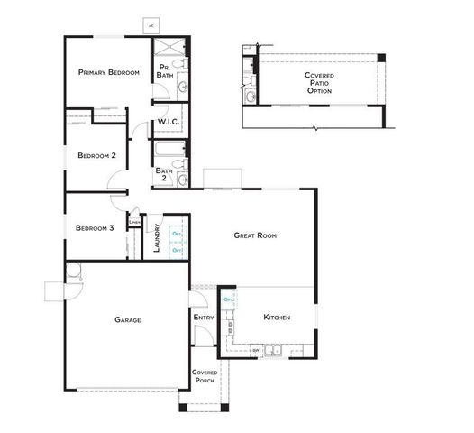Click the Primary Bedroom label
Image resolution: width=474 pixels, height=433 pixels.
click(108, 72)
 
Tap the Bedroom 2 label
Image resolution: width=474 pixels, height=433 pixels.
click(96, 155)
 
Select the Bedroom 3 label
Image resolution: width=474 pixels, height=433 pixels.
click(95, 227)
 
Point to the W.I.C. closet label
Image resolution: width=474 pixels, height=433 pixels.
click(168, 121)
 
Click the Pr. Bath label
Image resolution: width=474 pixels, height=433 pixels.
click(166, 71)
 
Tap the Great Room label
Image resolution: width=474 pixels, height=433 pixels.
click(255, 235)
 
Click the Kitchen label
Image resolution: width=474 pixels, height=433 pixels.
click(276, 318)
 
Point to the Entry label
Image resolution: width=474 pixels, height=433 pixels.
click(203, 318)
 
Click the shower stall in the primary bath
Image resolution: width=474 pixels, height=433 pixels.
click(169, 49)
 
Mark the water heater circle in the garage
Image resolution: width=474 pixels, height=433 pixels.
click(72, 269)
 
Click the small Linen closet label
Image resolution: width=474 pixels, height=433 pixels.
click(133, 222)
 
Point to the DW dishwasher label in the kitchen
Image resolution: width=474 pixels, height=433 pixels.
click(255, 350)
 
